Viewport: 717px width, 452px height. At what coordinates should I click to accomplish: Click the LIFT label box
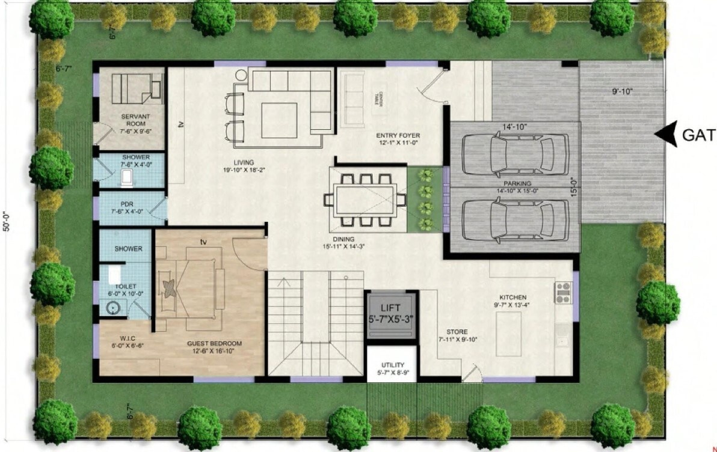pyautogui.click(x=390, y=315)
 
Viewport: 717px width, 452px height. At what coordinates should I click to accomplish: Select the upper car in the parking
pyautogui.click(x=515, y=154)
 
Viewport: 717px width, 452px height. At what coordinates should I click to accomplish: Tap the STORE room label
pyautogui.click(x=457, y=332)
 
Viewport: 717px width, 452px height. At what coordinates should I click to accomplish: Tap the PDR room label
pyautogui.click(x=126, y=203)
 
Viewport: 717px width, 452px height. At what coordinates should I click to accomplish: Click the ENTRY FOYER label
pyautogui.click(x=398, y=136)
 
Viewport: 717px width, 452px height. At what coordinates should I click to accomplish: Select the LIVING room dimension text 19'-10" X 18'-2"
pyautogui.click(x=244, y=170)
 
